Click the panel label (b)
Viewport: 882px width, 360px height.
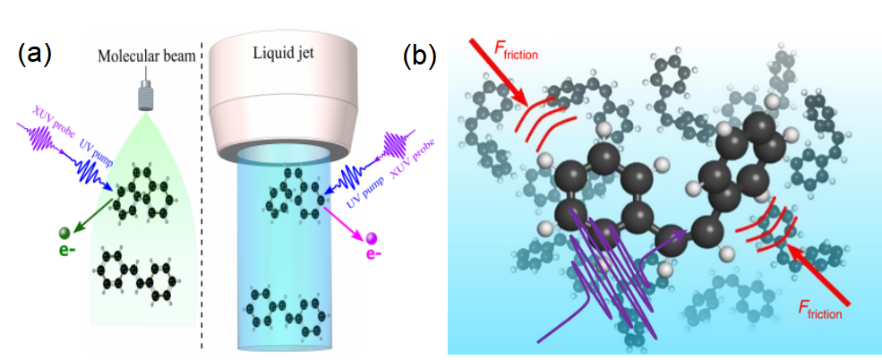pyautogui.click(x=418, y=56)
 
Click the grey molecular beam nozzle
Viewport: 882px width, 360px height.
pyautogui.click(x=143, y=95)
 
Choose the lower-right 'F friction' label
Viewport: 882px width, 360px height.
pyautogui.click(x=818, y=310)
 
